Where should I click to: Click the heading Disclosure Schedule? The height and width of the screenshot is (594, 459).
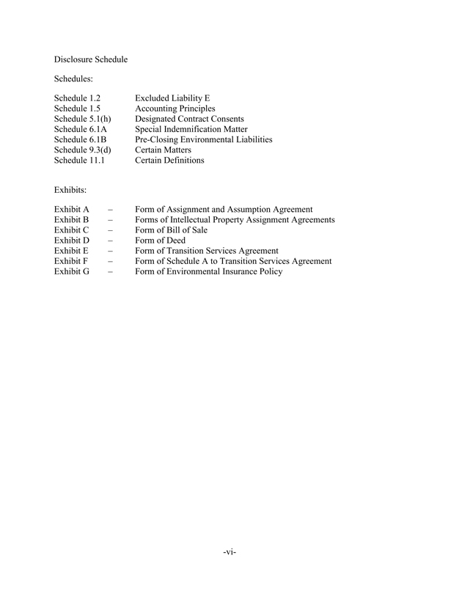91,59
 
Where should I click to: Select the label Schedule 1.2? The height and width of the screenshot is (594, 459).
77,98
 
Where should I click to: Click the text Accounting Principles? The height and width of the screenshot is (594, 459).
175,109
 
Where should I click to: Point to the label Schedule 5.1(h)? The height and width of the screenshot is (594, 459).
82,119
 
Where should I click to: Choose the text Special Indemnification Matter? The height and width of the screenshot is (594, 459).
191,129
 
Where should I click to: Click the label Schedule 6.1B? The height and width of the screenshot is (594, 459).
80,139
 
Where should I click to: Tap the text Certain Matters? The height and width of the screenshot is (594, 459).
163,150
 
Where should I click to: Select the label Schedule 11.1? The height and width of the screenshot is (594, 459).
79,160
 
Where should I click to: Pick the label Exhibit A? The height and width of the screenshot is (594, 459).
71,210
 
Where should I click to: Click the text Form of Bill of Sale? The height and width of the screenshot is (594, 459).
171,230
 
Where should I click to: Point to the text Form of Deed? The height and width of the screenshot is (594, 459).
160,241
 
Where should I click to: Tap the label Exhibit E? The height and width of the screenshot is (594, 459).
71,251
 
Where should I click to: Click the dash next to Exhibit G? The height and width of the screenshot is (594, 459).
110,271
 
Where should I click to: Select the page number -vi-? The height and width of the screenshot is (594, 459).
229,551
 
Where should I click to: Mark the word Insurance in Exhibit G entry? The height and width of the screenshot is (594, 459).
238,271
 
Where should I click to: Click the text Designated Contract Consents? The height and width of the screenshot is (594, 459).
190,119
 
